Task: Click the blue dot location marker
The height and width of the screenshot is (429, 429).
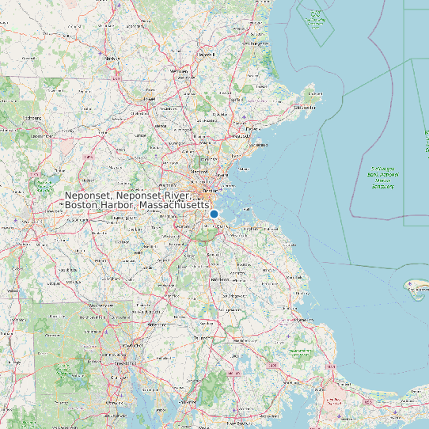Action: (x=214, y=214)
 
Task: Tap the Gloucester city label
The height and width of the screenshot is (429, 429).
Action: (x=305, y=107)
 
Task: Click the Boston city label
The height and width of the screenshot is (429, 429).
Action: (x=210, y=191)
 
